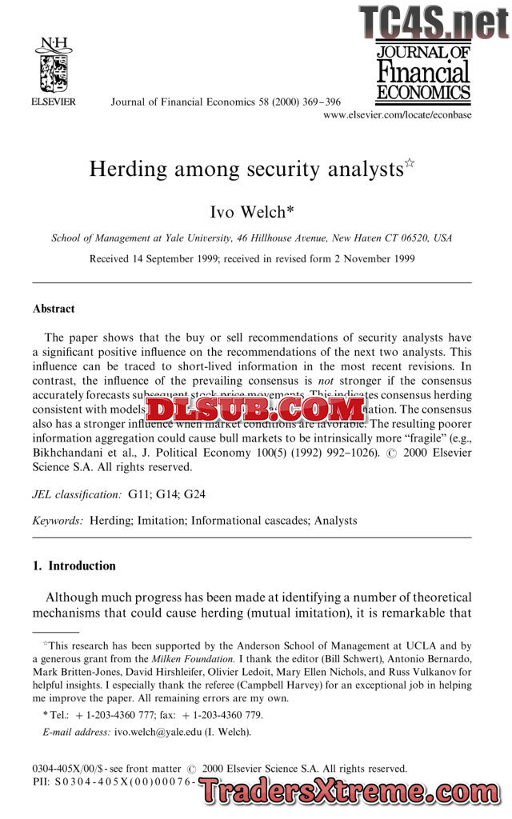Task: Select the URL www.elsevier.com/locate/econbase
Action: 397,115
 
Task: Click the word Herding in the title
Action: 128,170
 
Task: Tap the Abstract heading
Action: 54,309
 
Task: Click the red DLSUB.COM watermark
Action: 255,411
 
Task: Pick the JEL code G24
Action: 194,495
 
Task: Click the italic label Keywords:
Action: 58,521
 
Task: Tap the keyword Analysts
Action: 335,521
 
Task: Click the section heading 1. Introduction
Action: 74,566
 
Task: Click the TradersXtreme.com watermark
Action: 350,792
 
